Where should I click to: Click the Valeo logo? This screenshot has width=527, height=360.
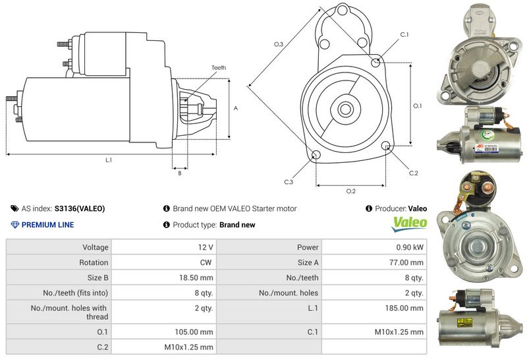click(409, 224)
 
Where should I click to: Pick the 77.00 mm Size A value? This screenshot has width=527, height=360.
click(408, 262)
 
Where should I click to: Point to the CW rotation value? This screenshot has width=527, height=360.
click(206, 262)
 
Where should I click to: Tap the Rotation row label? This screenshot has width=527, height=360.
click(94, 262)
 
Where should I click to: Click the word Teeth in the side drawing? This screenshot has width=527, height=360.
click(219, 68)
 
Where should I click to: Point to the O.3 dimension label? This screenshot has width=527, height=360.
click(279, 44)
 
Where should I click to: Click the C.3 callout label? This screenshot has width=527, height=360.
click(289, 181)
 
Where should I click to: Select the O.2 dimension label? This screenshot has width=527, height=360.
click(351, 191)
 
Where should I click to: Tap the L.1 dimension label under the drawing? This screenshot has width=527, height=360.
click(109, 160)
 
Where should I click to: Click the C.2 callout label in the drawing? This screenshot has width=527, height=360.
click(414, 173)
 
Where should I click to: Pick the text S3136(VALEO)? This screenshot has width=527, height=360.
click(80, 208)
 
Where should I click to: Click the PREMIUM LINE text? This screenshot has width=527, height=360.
click(48, 225)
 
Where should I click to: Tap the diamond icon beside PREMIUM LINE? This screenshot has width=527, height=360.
click(15, 225)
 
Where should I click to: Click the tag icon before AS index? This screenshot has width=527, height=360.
click(15, 208)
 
